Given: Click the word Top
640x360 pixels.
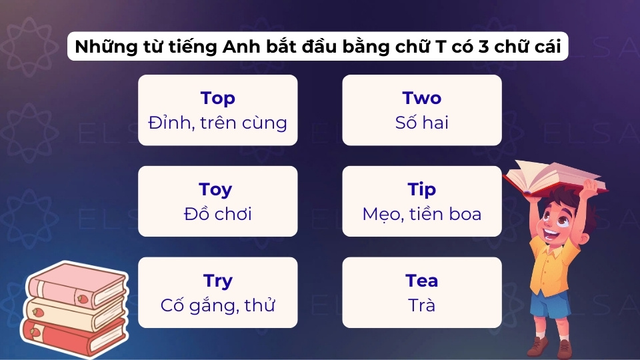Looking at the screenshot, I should tap(217, 99).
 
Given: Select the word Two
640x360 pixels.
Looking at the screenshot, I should tap(421, 99).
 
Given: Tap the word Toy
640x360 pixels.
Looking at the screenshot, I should tap(217, 190).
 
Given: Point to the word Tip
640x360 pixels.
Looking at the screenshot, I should tap(421, 190).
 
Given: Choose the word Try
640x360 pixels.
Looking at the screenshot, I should tap(217, 281).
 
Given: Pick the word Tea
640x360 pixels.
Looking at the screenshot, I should tap(421, 281).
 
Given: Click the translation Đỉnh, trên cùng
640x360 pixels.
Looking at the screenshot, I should tap(217, 123).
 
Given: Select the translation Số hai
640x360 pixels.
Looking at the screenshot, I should tap(421, 123).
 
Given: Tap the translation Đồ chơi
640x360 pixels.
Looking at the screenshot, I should tap(217, 214).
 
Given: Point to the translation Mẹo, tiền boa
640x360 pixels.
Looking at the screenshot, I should tap(421, 214).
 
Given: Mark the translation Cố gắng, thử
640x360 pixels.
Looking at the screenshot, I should tap(217, 305).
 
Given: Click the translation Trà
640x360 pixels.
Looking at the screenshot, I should tap(421, 305).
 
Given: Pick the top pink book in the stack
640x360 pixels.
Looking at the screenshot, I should tap(77, 283).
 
